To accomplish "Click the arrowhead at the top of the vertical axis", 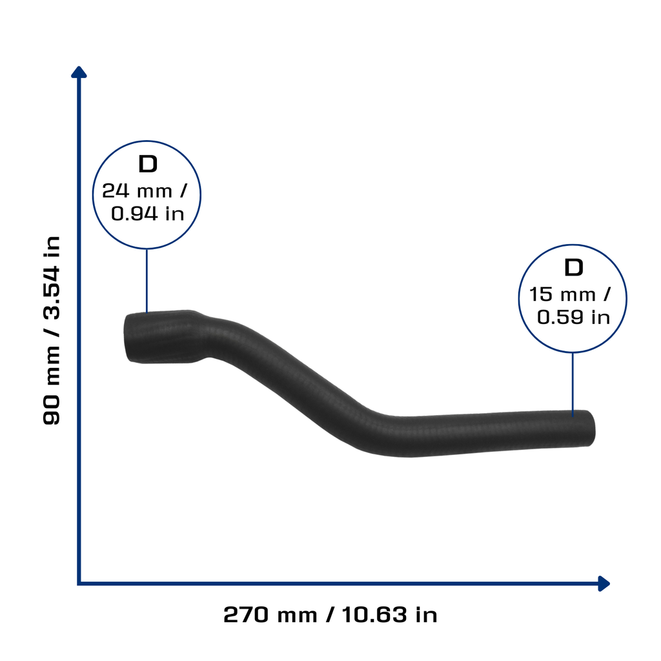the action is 79,72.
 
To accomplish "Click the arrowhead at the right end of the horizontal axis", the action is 604,584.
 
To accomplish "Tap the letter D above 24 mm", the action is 148,164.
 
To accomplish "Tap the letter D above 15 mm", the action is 574,268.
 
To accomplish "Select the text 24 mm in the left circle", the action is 137,191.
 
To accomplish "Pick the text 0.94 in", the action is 148,214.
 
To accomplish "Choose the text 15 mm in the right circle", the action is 562,294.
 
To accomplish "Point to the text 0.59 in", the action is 574,318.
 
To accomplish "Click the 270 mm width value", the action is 270,615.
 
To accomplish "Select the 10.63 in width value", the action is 389,615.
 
